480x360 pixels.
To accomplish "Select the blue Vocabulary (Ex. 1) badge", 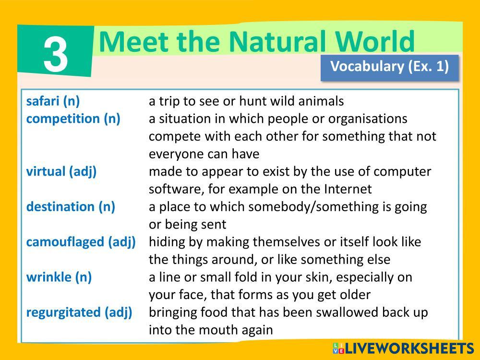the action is (x=389, y=68).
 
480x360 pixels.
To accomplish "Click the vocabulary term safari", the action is (x=44, y=101).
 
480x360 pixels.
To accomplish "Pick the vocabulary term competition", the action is (x=63, y=119).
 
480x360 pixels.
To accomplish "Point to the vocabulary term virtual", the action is (x=46, y=171).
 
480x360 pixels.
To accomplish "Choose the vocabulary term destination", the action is (x=60, y=206).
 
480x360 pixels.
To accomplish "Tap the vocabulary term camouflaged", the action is (x=65, y=242).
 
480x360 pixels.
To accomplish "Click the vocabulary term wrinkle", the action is (x=48, y=277).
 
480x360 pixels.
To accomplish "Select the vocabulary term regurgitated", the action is (x=63, y=313).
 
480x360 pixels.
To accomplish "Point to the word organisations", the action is (x=368, y=119).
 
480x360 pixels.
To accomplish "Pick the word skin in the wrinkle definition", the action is (x=317, y=277).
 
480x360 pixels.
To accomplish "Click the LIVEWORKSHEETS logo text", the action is (x=409, y=348).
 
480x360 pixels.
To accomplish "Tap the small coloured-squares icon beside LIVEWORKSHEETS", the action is (x=338, y=348).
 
